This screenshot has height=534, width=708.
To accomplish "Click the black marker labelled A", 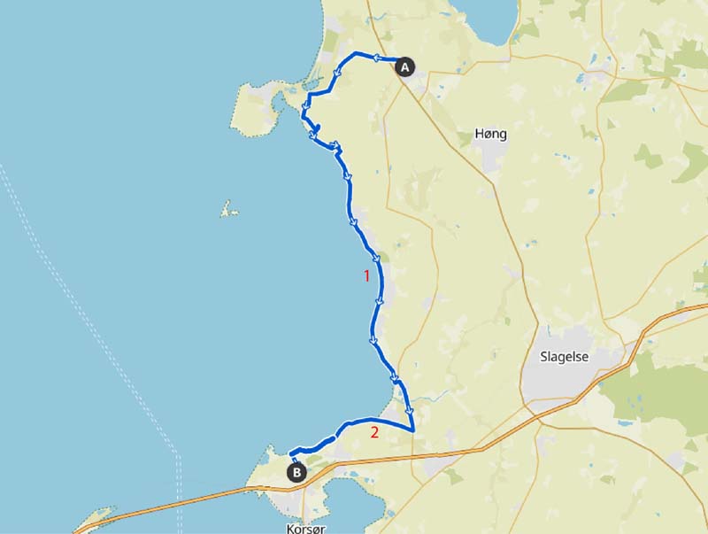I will (404, 66).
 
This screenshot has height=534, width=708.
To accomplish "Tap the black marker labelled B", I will (296, 473).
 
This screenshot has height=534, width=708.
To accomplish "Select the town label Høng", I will (491, 135).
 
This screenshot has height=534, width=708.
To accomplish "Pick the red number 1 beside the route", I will (366, 275).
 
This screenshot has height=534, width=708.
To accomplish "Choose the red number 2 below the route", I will (374, 432).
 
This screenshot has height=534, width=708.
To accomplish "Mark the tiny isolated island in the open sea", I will (229, 211).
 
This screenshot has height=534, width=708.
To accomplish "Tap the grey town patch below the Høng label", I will (493, 159).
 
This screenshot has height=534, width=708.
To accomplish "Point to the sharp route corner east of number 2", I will (414, 430).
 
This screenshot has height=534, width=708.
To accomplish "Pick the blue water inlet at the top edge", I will (482, 18).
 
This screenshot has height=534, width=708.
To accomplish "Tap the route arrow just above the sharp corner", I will (409, 410).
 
